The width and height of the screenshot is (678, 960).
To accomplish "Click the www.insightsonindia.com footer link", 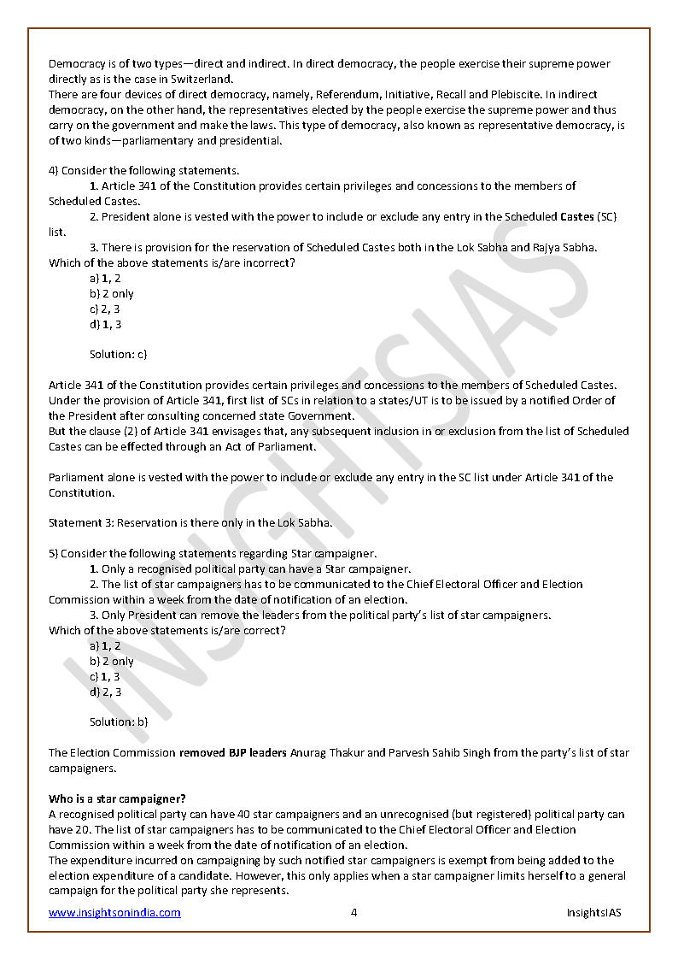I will (114, 912).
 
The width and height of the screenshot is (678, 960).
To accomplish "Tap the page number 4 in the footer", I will (354, 912).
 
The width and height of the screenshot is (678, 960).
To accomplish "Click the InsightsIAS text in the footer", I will (593, 912).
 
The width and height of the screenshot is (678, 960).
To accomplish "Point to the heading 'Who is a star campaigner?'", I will (117, 798).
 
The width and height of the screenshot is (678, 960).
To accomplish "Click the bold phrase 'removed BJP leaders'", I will (233, 752).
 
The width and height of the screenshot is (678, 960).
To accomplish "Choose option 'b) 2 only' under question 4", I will (112, 293).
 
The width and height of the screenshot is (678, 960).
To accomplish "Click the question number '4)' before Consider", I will (53, 170).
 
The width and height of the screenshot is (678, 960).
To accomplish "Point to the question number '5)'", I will (53, 553).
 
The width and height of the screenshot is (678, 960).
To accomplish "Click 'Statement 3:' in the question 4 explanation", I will (81, 522).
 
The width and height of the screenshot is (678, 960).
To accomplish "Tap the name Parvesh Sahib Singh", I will (435, 752).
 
